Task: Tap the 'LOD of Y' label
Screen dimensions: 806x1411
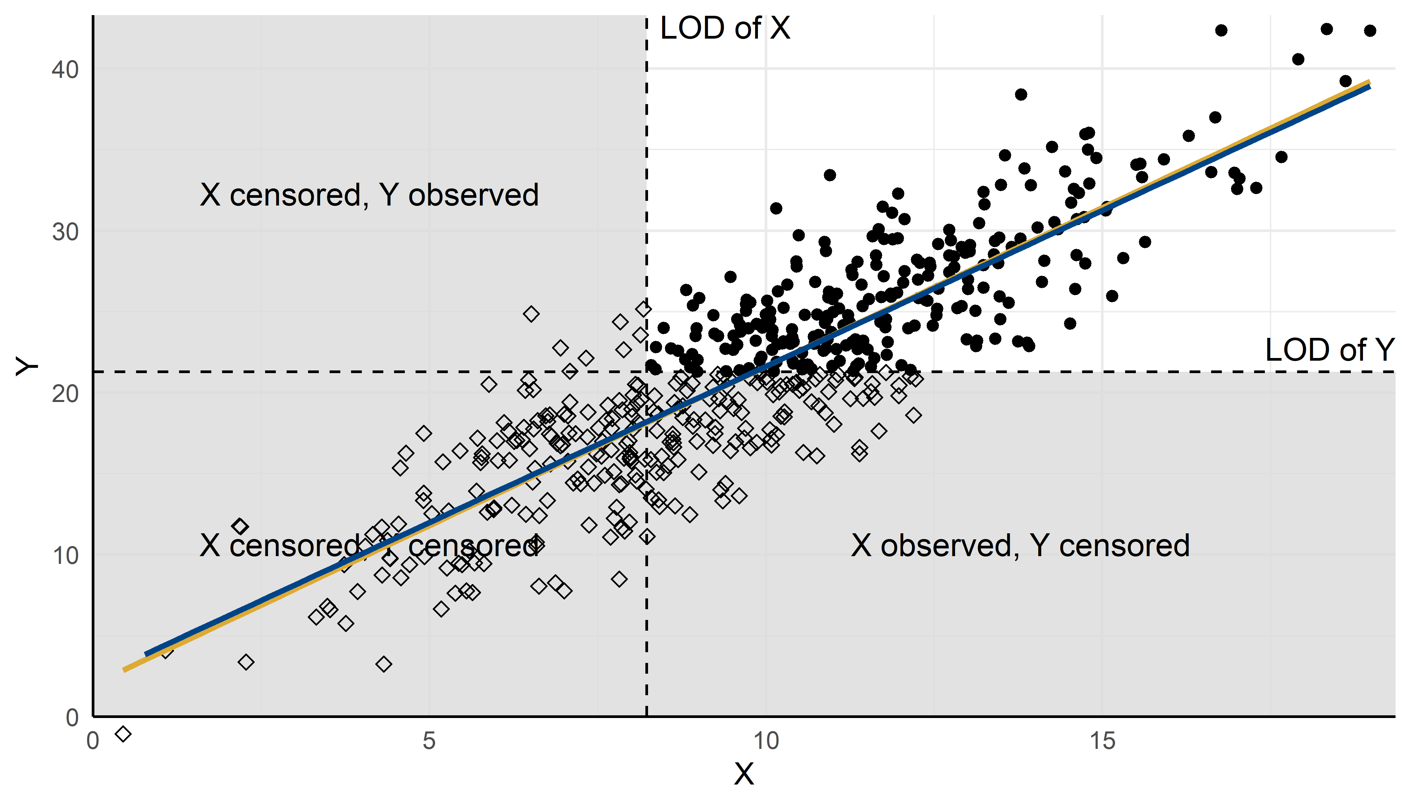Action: click(1329, 350)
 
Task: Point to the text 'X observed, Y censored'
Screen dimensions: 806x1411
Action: click(1020, 546)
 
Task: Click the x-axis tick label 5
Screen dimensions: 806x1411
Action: click(429, 741)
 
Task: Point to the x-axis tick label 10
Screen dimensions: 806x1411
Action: click(766, 741)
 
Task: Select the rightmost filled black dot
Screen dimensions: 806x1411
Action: click(1370, 31)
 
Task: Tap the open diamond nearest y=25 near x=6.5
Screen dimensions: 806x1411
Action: click(531, 314)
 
